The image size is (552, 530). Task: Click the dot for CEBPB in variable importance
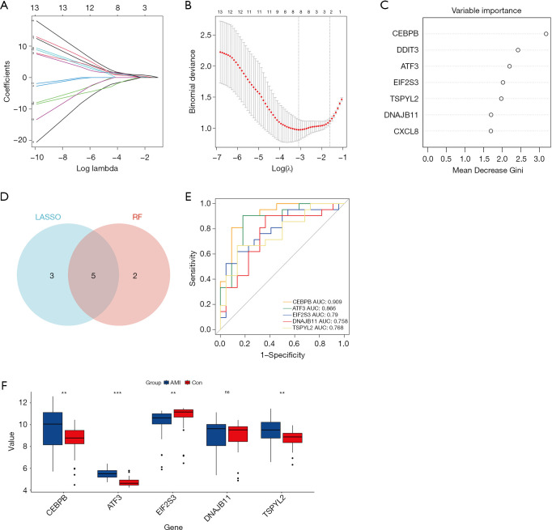[x=546, y=34]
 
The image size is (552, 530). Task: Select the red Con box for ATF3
[x=130, y=482]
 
